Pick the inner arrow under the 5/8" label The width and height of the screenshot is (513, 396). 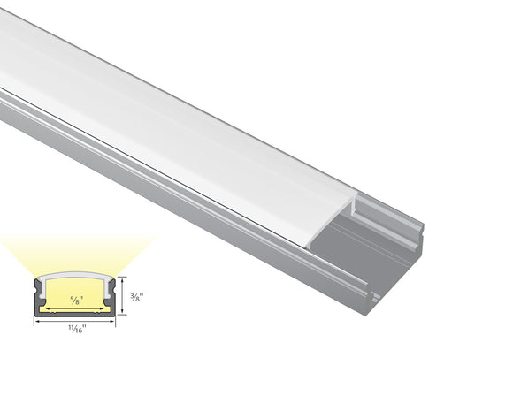[x=75, y=308]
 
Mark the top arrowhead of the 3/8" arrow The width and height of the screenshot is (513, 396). [x=123, y=279]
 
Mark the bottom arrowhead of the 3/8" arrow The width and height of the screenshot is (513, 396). [x=123, y=313]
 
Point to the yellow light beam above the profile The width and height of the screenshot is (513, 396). [x=74, y=252]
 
